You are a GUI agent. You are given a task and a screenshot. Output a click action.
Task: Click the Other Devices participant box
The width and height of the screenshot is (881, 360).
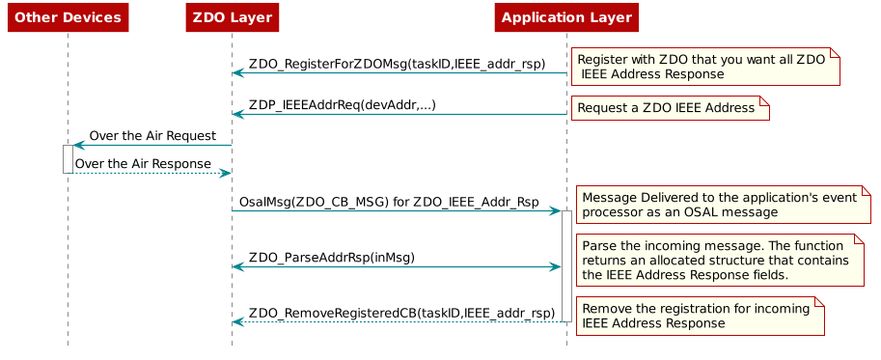click(x=68, y=17)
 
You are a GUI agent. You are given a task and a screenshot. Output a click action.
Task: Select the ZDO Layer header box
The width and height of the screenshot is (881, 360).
click(x=232, y=17)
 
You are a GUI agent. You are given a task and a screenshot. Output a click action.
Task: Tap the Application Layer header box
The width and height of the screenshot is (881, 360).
click(x=566, y=17)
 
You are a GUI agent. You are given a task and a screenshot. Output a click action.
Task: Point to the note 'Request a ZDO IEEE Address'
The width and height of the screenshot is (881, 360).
click(x=669, y=108)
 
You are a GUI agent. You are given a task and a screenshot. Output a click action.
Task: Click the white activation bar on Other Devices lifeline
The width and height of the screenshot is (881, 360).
click(x=68, y=158)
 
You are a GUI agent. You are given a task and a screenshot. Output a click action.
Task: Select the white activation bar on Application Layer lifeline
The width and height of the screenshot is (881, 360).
click(x=566, y=265)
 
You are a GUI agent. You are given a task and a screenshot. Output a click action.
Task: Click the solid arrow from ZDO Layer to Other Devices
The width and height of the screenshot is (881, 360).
click(x=154, y=145)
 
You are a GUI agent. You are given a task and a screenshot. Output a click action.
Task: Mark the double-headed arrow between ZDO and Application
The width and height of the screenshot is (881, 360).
click(x=396, y=266)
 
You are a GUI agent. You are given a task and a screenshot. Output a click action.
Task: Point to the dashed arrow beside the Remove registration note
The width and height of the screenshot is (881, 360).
click(x=396, y=321)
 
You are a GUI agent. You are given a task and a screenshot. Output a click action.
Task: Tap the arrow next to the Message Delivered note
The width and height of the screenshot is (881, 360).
click(x=396, y=210)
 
